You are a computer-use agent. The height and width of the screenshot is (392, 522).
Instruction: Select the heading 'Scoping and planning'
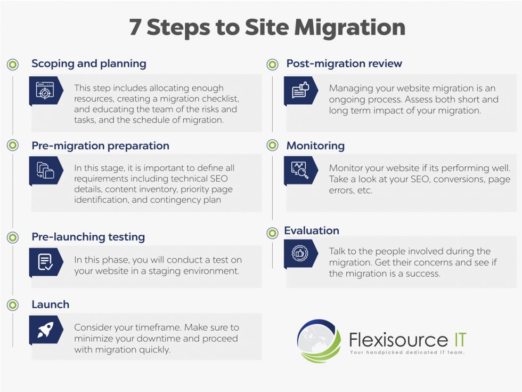(x=88, y=63)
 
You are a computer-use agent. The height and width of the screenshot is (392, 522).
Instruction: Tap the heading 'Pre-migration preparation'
(x=100, y=146)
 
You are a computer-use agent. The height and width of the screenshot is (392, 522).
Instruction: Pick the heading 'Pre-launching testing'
(x=88, y=237)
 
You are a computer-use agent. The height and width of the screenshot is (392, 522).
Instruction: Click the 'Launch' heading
(x=50, y=305)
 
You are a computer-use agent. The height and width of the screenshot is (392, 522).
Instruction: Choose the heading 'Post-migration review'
(x=344, y=63)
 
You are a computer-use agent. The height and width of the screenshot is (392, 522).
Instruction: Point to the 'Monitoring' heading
(x=315, y=146)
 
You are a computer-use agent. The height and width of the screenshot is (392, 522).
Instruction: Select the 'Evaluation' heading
(x=312, y=230)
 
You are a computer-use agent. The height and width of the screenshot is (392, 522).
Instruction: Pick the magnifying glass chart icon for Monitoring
(x=300, y=170)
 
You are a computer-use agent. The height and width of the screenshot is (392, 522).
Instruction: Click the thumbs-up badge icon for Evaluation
(x=300, y=253)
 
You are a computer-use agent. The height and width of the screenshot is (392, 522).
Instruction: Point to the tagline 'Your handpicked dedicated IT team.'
(x=407, y=353)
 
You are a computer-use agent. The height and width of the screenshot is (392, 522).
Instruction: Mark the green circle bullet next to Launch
(x=13, y=305)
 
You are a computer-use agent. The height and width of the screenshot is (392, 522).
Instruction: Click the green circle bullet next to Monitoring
(x=272, y=146)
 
